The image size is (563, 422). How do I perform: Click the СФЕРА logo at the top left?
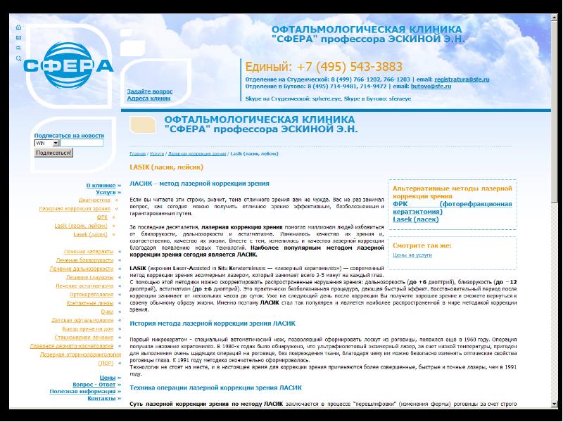(x=68, y=65)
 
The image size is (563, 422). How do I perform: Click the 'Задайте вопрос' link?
(x=149, y=91)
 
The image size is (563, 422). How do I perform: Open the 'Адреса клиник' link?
(x=148, y=98)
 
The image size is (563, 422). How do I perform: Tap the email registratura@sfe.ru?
(x=462, y=79)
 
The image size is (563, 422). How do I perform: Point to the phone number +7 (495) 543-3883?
(x=324, y=67)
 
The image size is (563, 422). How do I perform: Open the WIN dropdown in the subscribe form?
(x=46, y=143)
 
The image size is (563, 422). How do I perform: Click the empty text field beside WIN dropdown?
(x=82, y=143)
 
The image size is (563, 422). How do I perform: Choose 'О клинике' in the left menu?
(x=101, y=185)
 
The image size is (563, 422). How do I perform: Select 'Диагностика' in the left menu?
(x=94, y=200)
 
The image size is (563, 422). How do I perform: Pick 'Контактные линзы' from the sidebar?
(x=89, y=302)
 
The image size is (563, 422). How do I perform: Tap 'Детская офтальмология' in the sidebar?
(x=82, y=320)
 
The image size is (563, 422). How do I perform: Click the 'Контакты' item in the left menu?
(x=101, y=398)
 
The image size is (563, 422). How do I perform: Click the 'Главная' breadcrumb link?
(x=137, y=153)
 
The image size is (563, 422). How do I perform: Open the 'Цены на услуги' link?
(x=412, y=255)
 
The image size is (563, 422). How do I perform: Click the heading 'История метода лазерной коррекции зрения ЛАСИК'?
(x=213, y=324)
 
